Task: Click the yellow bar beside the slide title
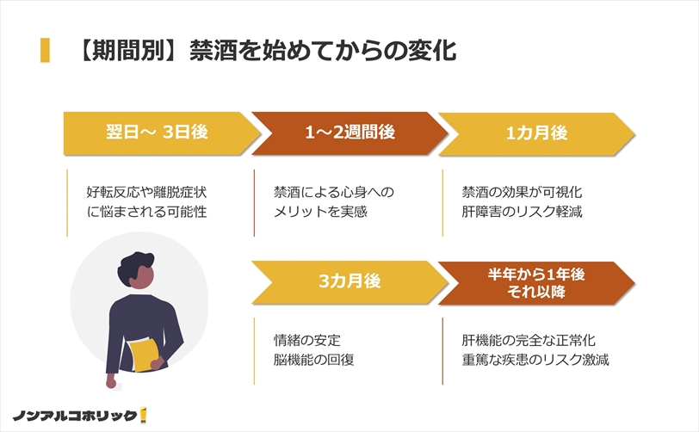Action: tap(45, 50)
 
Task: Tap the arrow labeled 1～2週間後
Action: tap(349, 133)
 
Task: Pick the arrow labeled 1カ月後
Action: tap(537, 133)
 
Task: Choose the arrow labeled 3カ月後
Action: tap(350, 282)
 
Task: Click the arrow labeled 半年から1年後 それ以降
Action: tap(537, 282)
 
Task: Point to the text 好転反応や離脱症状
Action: tap(146, 192)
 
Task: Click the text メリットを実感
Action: tap(320, 212)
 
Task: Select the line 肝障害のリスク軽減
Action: tap(522, 212)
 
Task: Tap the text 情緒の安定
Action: tap(307, 340)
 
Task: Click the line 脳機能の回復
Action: tap(314, 360)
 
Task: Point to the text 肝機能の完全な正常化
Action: tap(529, 340)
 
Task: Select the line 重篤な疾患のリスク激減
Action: tap(535, 360)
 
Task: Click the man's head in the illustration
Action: tap(137, 269)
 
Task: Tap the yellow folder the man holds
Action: tap(144, 355)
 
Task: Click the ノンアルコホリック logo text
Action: tap(74, 416)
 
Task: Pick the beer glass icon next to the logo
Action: tap(143, 415)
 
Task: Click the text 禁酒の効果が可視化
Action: tap(522, 192)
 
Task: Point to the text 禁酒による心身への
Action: tap(334, 192)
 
